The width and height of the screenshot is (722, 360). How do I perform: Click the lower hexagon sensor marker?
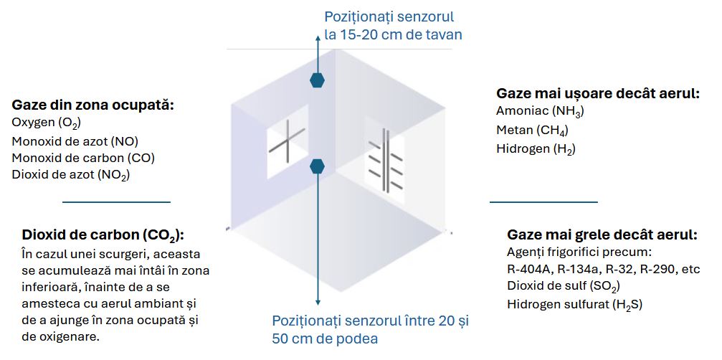pyautogui.click(x=317, y=167)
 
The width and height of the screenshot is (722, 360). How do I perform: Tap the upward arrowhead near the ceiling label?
pyautogui.click(x=317, y=36)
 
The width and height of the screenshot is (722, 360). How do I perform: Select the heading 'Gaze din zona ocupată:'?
pyautogui.click(x=93, y=105)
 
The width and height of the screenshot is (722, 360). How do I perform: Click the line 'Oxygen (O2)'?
pyautogui.click(x=46, y=123)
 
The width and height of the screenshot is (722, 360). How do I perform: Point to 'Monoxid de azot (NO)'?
pyautogui.click(x=75, y=141)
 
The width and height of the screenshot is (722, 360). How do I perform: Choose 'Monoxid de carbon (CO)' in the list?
pyautogui.click(x=83, y=158)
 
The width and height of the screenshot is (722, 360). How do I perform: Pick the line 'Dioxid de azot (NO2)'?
pyautogui.click(x=71, y=175)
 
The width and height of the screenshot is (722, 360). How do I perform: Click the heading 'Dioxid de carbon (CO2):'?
pyautogui.click(x=103, y=235)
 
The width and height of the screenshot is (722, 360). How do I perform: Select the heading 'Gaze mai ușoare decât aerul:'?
pyautogui.click(x=597, y=93)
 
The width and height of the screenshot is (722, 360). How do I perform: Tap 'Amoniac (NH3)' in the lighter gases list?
pyautogui.click(x=540, y=111)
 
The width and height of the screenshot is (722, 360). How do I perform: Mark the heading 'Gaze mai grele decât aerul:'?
pyautogui.click(x=602, y=235)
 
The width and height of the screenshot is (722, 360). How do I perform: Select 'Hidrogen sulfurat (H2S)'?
pyautogui.click(x=574, y=304)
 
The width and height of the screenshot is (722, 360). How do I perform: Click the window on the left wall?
pyautogui.click(x=287, y=141)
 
